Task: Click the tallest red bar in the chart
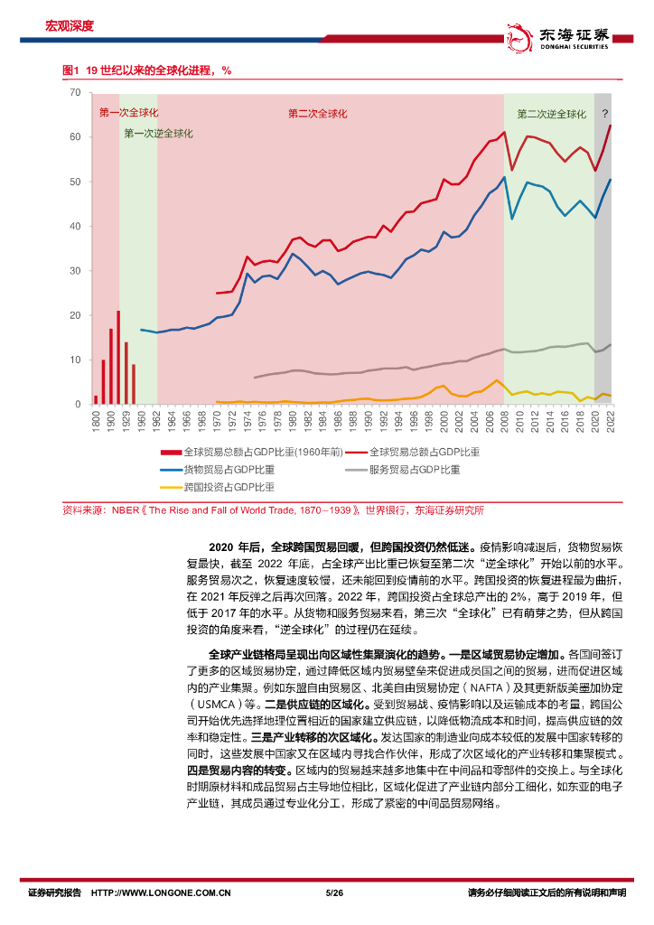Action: point(118,358)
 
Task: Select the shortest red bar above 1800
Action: point(96,399)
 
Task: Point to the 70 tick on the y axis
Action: point(75,93)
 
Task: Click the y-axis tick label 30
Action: point(75,271)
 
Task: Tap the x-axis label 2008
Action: point(503,420)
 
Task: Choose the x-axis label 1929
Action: point(126,420)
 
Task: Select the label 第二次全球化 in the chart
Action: point(317,114)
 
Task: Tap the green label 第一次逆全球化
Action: point(158,133)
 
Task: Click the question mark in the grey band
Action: point(604,115)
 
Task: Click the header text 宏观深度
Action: point(70,26)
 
